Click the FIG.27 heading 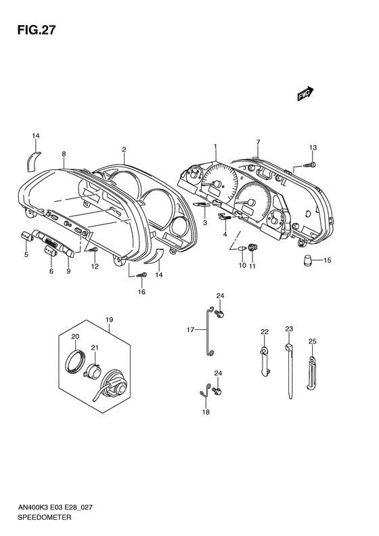point(36,30)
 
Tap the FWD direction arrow point(305,94)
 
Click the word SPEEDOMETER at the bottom point(45,517)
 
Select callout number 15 point(327,260)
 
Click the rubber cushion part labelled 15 point(309,260)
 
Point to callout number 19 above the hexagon point(109,320)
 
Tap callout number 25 point(313,341)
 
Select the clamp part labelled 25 point(311,373)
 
